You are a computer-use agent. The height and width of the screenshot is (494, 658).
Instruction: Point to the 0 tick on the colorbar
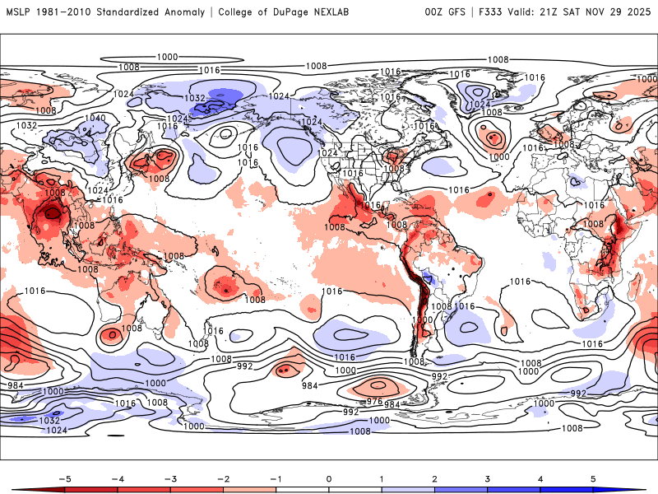click(x=328, y=478)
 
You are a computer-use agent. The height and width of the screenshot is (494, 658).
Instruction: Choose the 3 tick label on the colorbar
click(x=488, y=478)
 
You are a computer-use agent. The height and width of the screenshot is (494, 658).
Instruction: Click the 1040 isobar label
click(x=95, y=119)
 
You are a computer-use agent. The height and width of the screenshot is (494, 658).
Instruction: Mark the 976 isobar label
click(x=374, y=401)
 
